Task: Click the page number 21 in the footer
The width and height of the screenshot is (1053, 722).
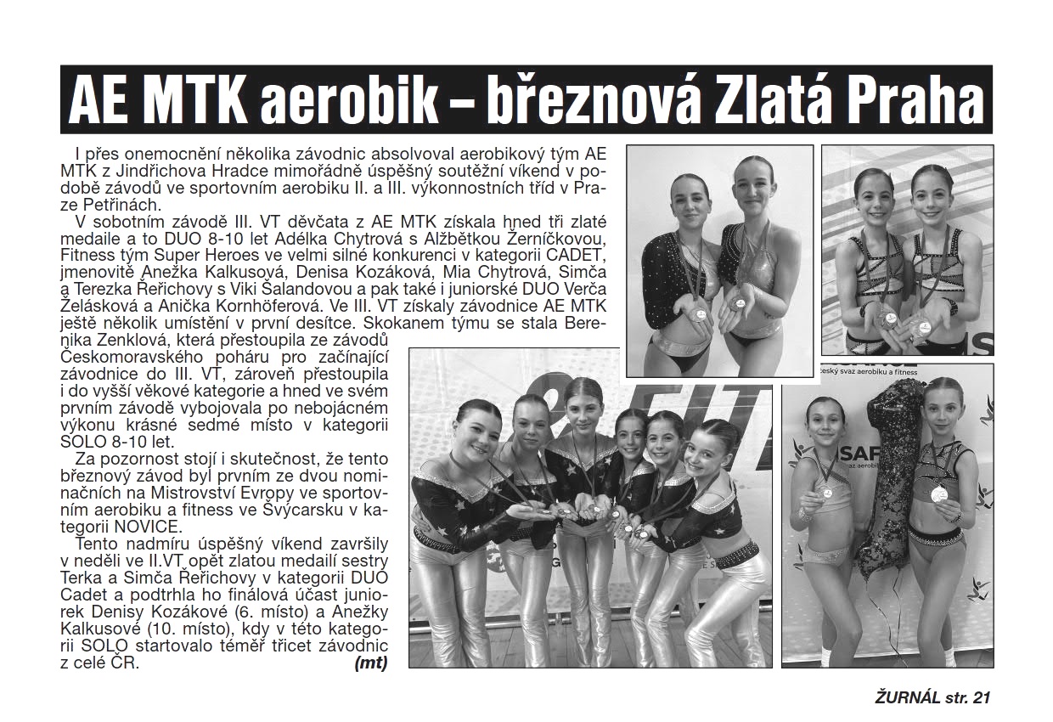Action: [983, 698]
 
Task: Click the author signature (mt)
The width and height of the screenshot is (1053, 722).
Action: [370, 664]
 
